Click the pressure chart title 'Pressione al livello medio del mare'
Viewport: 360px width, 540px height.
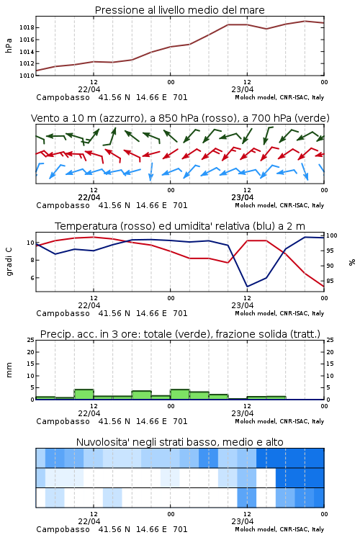(x=179, y=10)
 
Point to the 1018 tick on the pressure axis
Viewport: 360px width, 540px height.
(x=27, y=27)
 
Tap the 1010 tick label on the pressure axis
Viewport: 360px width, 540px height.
(x=27, y=75)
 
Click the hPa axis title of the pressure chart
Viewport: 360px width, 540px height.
(x=9, y=45)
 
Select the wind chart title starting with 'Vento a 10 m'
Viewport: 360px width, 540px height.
(x=180, y=118)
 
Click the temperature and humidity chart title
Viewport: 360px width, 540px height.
(x=180, y=226)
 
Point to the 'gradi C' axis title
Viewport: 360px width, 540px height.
(x=9, y=262)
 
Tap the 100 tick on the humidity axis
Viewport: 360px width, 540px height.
(x=332, y=235)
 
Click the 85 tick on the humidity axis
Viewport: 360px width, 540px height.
(x=330, y=281)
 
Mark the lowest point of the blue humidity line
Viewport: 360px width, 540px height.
(x=247, y=287)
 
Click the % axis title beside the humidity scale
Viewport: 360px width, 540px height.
(x=352, y=262)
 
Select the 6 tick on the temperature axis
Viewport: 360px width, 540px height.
(x=32, y=278)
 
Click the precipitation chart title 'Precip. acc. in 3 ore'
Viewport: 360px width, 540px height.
(x=180, y=334)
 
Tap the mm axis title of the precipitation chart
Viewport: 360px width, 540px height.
(x=9, y=369)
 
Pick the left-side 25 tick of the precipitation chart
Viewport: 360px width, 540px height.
(x=31, y=340)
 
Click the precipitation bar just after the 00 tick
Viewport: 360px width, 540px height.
(x=180, y=395)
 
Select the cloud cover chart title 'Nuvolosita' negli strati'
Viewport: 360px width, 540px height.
(x=179, y=442)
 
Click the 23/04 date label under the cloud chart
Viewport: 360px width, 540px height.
(x=243, y=521)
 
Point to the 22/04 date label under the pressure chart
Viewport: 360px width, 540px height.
(x=89, y=89)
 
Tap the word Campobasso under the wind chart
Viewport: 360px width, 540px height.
(x=63, y=205)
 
